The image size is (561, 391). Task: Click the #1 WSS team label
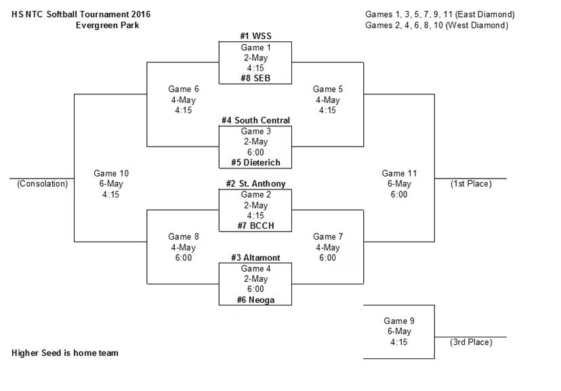[x=255, y=36]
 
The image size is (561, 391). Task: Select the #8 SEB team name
[x=255, y=79]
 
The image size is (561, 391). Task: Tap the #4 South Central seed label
[x=255, y=120]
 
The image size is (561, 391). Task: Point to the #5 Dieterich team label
[x=255, y=163]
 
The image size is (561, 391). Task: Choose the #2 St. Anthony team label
[x=255, y=184]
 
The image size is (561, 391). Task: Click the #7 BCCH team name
[x=255, y=226]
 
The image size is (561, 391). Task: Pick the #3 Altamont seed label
[x=255, y=258]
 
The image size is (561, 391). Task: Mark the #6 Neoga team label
[x=255, y=300]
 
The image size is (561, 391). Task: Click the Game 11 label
[x=398, y=174]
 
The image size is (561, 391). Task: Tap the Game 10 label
[x=110, y=174]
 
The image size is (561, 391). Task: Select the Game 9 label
[x=399, y=321]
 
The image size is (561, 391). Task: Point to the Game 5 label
[x=327, y=89]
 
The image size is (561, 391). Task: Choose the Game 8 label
[x=183, y=237]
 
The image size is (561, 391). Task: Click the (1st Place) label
[x=471, y=184]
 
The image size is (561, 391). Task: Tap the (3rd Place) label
[x=471, y=342]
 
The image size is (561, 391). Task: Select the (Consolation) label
[x=43, y=184]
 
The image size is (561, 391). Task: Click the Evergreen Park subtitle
[x=108, y=25]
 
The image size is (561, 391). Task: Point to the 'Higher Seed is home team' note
[x=65, y=353]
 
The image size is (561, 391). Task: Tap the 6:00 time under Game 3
[x=255, y=153]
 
